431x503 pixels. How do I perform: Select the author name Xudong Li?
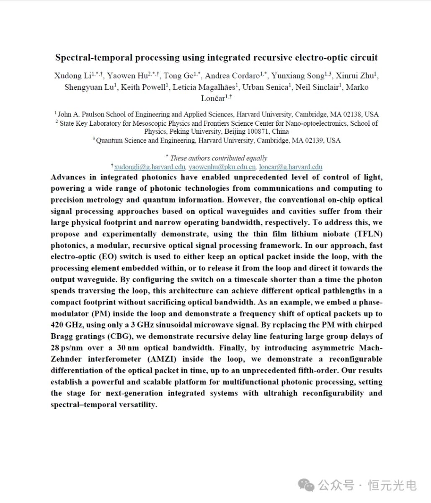coord(72,76)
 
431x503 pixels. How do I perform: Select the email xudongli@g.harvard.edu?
coord(150,167)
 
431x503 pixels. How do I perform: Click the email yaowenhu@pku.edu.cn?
coord(222,167)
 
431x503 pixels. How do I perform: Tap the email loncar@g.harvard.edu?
coord(291,167)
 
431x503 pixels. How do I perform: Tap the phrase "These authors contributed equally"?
coord(218,158)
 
